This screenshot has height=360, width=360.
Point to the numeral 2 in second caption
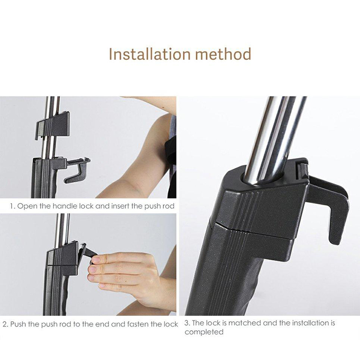pos(4,324)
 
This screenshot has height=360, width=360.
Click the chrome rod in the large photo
pos(270,135)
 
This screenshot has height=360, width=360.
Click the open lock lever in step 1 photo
pos(76,169)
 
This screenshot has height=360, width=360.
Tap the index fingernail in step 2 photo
pos(91,270)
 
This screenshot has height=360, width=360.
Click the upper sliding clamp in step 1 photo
pos(53,124)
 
